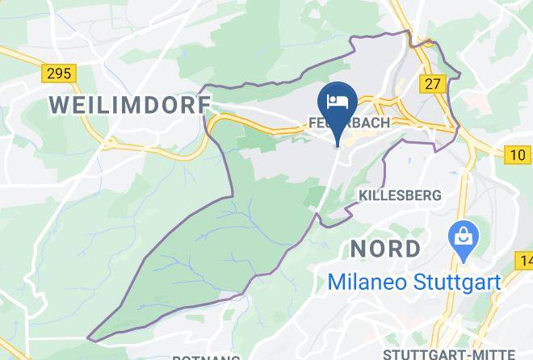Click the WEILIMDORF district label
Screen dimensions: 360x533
[x=129, y=104]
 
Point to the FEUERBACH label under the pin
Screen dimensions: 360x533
[x=350, y=123]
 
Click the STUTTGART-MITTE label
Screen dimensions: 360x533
[x=448, y=354]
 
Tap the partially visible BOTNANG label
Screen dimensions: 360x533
[x=206, y=357]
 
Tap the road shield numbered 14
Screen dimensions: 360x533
[x=525, y=260]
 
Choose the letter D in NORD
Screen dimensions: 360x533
[x=412, y=247]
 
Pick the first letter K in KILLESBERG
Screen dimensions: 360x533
[x=363, y=195]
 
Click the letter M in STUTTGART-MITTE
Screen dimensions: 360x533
[x=474, y=354]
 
